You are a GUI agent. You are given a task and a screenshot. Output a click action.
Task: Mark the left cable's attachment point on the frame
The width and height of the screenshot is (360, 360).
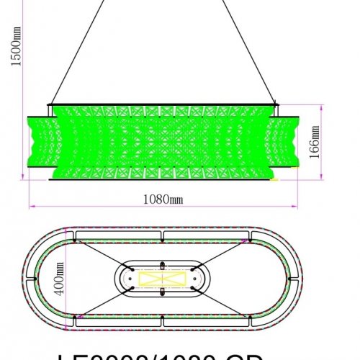[x=50, y=104]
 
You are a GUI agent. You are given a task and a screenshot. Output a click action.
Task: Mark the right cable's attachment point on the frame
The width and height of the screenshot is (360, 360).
[x=275, y=104]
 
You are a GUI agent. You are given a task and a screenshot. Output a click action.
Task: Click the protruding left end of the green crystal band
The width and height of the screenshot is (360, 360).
[x=37, y=140]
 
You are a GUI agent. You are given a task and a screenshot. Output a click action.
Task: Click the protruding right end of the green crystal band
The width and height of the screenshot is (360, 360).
[x=289, y=140]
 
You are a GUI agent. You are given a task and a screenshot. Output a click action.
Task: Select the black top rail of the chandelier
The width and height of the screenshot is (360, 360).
[x=162, y=105]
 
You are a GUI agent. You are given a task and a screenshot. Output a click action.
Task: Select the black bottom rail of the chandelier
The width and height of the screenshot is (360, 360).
[x=162, y=179]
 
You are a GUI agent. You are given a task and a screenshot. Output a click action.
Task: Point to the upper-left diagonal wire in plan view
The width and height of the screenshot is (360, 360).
[x=101, y=251]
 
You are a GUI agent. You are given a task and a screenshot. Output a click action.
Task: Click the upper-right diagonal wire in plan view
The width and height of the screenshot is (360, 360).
[x=223, y=251]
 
